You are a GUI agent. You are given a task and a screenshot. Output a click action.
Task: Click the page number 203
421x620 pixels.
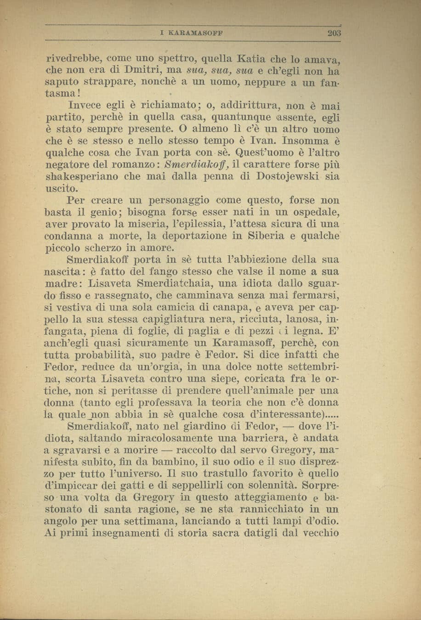coord(332,33)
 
